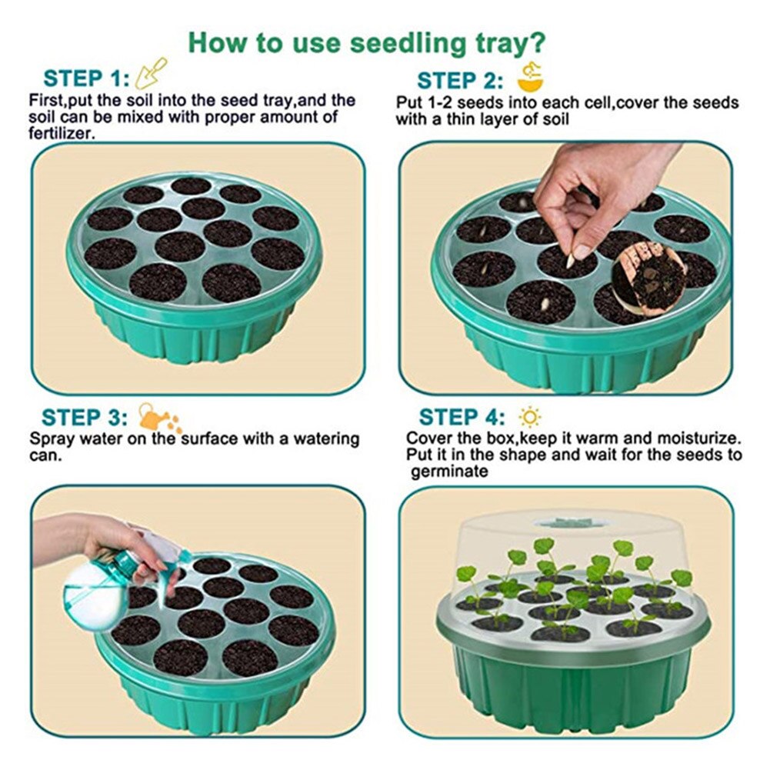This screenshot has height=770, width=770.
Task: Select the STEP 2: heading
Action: pos(460,80)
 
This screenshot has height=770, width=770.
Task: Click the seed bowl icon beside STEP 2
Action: pos(528,77)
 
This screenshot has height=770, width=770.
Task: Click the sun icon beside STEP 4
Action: pos(530,417)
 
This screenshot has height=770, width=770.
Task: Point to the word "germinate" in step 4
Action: pos(449,472)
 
